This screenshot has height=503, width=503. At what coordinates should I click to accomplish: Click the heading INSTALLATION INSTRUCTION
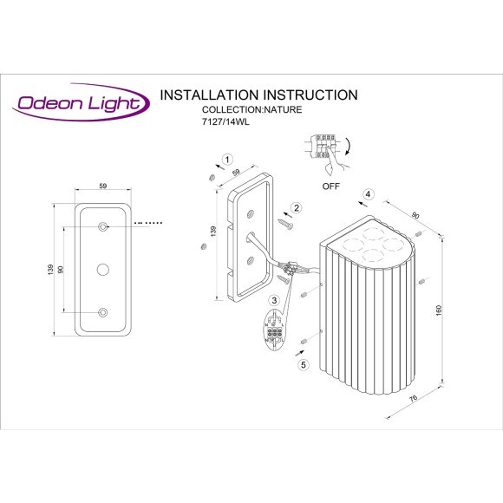(259, 95)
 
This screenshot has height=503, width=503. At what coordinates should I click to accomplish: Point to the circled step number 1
(227, 160)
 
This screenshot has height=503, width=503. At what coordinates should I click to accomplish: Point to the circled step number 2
(296, 207)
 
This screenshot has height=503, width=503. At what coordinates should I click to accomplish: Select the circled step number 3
(274, 301)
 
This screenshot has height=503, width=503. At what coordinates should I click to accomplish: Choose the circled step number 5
(304, 365)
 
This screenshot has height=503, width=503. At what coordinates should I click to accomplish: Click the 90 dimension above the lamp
(415, 214)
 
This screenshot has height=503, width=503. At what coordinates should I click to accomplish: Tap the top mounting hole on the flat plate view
(103, 226)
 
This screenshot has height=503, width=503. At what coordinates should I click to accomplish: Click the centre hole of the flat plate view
(103, 270)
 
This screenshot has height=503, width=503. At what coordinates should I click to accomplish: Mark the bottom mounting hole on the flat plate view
(103, 312)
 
